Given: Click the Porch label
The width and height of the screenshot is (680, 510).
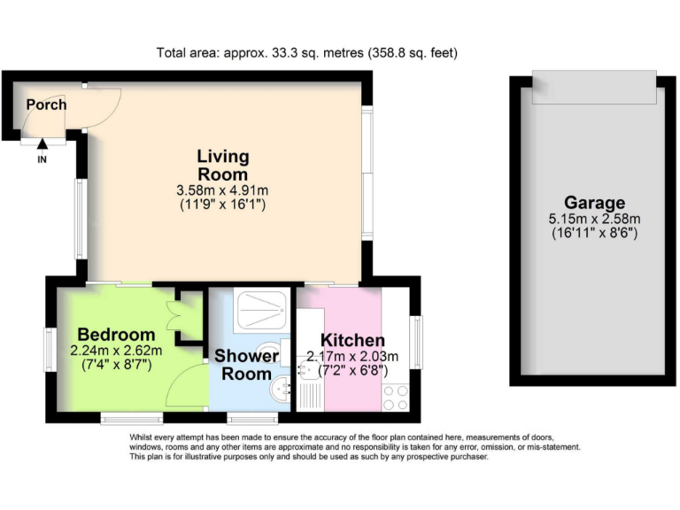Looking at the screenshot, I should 46,104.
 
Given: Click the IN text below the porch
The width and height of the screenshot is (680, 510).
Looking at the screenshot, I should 42,160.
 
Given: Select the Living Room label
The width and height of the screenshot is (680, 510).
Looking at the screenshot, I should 222,166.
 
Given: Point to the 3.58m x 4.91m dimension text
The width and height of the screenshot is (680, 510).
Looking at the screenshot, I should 223,190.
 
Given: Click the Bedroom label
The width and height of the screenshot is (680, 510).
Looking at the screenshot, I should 116,335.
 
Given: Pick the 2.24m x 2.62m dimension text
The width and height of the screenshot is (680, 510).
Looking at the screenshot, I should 116,351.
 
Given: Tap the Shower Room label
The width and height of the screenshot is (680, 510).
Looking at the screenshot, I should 246,365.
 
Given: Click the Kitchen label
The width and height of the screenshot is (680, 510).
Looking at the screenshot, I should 352,341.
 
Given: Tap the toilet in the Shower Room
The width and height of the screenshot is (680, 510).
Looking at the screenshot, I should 271,351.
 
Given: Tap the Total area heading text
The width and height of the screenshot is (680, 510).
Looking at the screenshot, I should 306,53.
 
